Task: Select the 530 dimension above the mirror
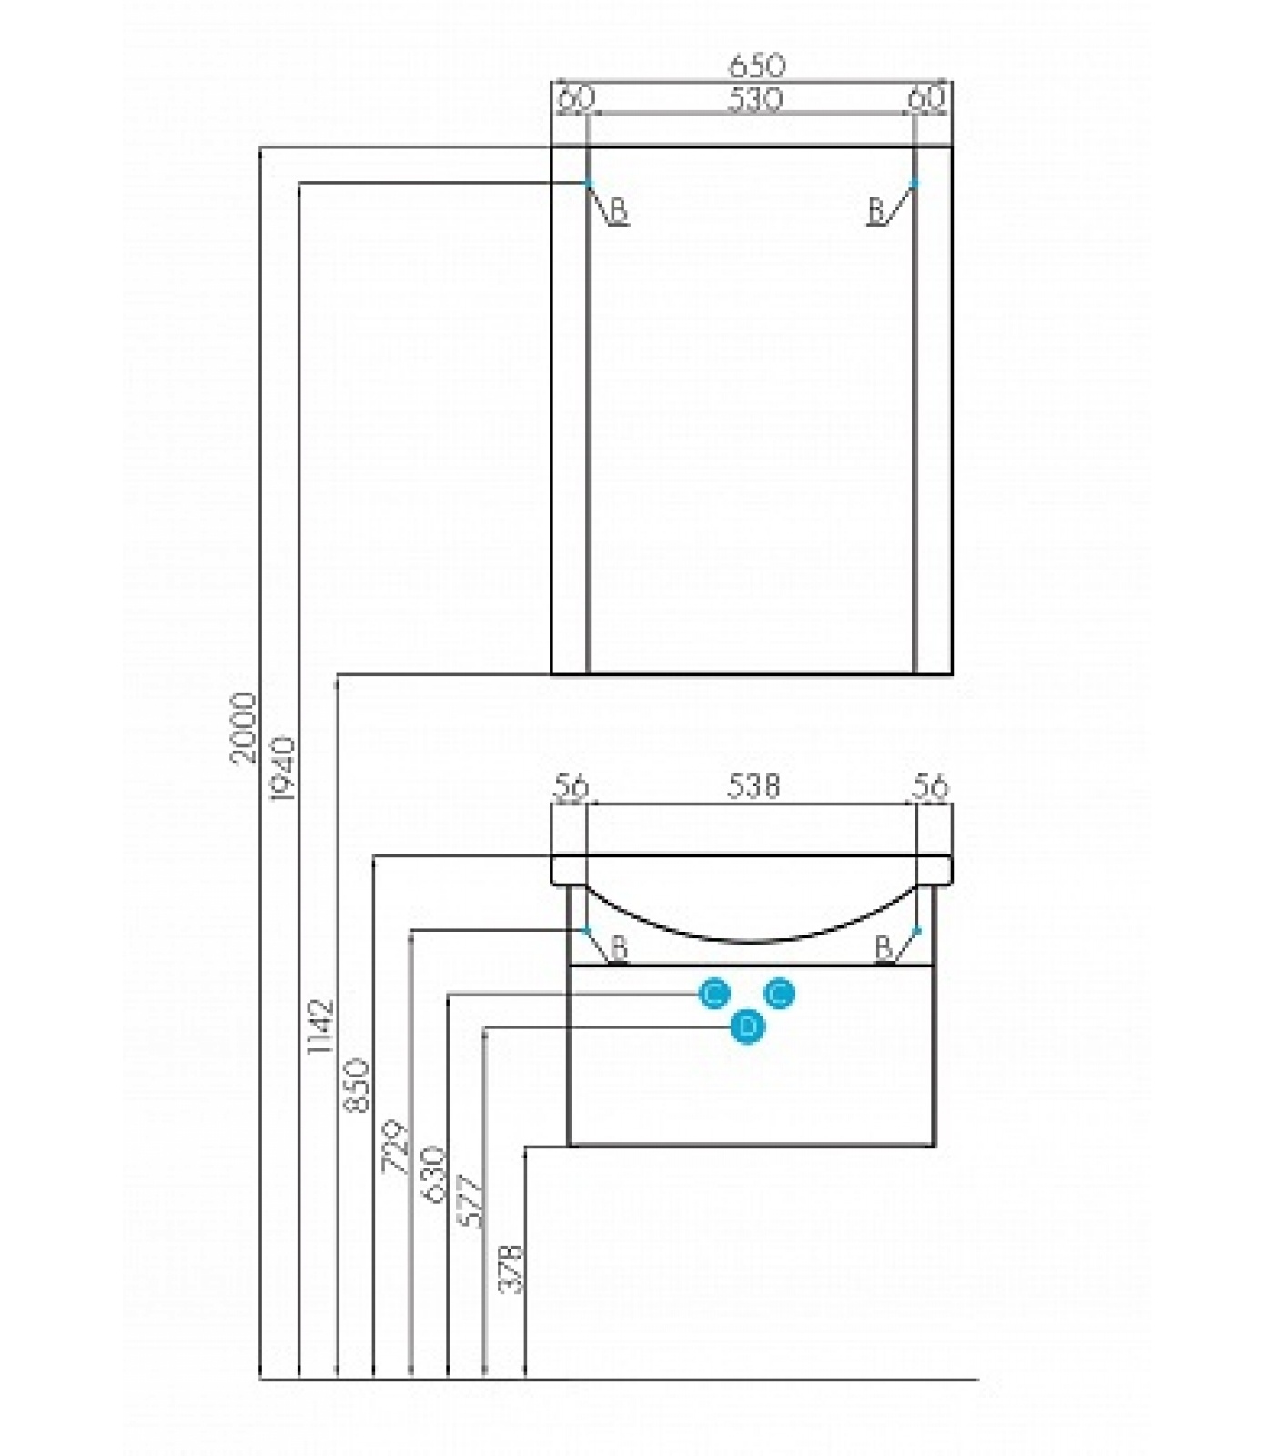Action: [754, 98]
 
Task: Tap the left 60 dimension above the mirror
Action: [574, 97]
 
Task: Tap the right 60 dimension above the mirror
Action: [927, 97]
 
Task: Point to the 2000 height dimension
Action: [243, 728]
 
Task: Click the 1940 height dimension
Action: [282, 769]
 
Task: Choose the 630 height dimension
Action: [432, 1174]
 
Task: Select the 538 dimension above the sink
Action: [753, 785]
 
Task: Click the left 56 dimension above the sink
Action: [571, 786]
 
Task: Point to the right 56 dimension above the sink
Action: [930, 785]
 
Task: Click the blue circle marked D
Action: [747, 1027]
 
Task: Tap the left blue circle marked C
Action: [714, 995]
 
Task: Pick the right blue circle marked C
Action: [779, 995]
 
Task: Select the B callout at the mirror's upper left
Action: [618, 211]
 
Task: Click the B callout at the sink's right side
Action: [883, 947]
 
